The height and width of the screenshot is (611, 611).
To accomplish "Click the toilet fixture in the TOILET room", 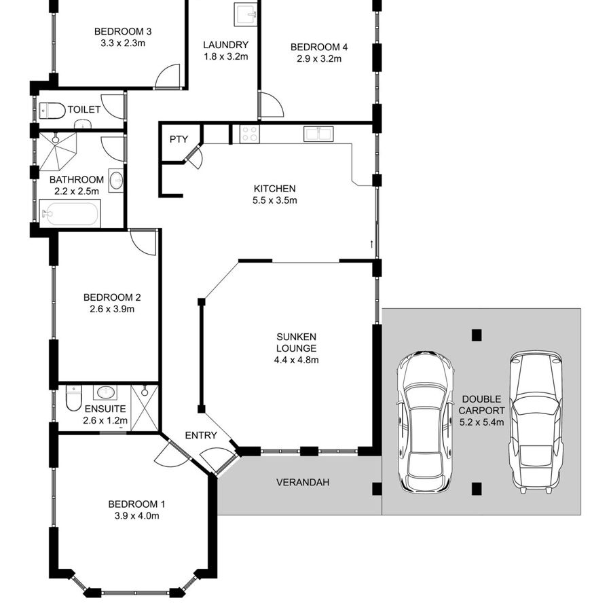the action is pyautogui.click(x=52, y=111).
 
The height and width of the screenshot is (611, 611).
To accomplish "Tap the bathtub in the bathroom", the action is pyautogui.click(x=70, y=214).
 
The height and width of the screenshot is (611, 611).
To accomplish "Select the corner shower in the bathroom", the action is pyautogui.click(x=57, y=151).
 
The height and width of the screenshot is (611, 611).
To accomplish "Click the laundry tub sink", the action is pyautogui.click(x=246, y=14).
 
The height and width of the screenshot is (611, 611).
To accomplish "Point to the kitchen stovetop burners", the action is pyautogui.click(x=249, y=134).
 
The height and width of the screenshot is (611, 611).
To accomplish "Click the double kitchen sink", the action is pyautogui.click(x=318, y=134).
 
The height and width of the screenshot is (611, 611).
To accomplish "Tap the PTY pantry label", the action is pyautogui.click(x=179, y=139).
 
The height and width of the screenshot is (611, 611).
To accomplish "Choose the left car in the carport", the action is pyautogui.click(x=425, y=422).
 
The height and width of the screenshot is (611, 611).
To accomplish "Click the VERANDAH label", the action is pyautogui.click(x=303, y=483).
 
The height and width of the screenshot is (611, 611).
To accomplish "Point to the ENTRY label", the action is pyautogui.click(x=201, y=435).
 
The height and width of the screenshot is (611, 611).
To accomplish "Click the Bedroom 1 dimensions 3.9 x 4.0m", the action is pyautogui.click(x=136, y=516).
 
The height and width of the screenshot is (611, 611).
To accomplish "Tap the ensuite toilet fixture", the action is pyautogui.click(x=73, y=397).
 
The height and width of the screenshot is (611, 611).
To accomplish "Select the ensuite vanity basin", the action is pyautogui.click(x=105, y=392).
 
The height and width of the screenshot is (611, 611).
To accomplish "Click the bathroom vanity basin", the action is pyautogui.click(x=116, y=181).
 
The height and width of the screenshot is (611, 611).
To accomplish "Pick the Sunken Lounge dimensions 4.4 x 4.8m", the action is pyautogui.click(x=296, y=360).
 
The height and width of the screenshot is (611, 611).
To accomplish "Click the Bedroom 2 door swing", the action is pyautogui.click(x=143, y=242).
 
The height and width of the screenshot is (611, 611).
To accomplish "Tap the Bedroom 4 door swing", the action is pyautogui.click(x=271, y=105).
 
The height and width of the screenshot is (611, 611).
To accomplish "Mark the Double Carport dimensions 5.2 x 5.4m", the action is pyautogui.click(x=481, y=422).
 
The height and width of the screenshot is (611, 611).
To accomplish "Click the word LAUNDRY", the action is pyautogui.click(x=225, y=45).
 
